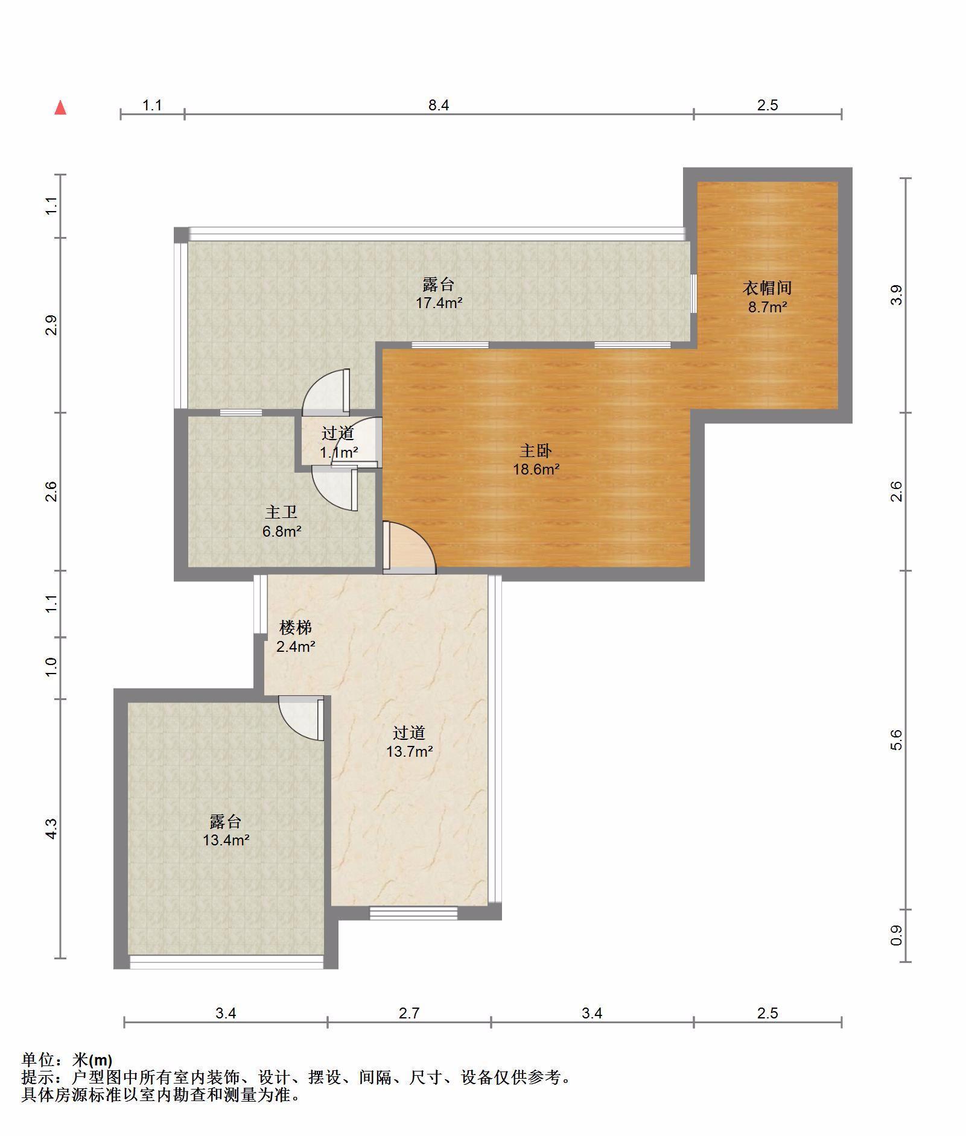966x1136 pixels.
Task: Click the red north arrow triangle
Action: (60, 107)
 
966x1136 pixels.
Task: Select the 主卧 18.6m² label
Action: (536, 459)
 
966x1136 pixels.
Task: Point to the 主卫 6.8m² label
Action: (281, 522)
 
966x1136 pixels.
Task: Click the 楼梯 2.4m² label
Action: (296, 637)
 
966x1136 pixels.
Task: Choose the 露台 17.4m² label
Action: (439, 293)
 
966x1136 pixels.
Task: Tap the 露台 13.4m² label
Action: (226, 830)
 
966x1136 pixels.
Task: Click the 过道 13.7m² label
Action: (409, 742)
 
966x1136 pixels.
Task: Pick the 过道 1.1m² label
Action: (338, 443)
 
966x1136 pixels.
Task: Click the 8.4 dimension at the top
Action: (439, 105)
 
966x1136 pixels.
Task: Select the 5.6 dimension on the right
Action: (896, 739)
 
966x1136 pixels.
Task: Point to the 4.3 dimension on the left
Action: (52, 828)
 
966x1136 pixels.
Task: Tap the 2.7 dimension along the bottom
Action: (409, 1013)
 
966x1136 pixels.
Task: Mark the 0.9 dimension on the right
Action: (896, 935)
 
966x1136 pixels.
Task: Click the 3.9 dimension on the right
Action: (896, 295)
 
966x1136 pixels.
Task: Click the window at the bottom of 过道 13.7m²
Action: (413, 913)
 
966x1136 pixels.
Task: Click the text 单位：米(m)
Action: (67, 1060)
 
